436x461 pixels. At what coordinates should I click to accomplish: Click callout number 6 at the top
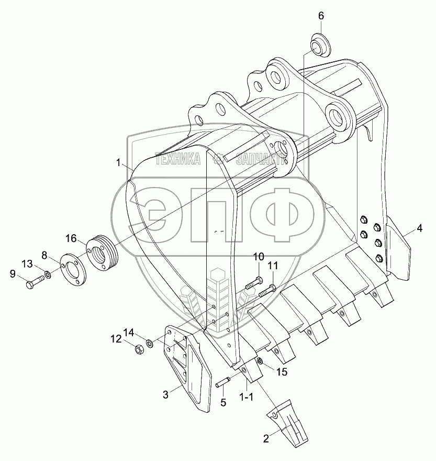[x=321, y=16]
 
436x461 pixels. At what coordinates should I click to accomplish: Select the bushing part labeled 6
[x=320, y=46]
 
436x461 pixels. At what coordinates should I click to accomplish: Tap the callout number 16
[x=71, y=238]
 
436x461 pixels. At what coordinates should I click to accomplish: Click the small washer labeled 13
[x=47, y=276]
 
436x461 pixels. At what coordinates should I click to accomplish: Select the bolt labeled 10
[x=253, y=282]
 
